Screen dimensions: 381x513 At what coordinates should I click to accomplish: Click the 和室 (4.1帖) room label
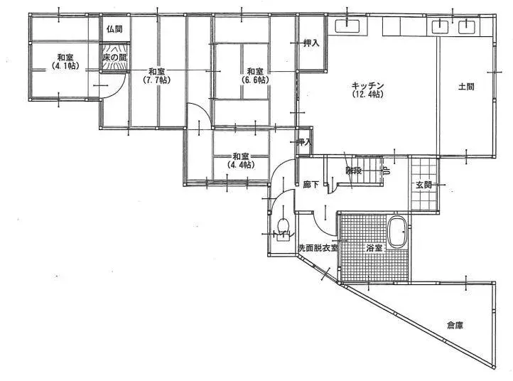65,62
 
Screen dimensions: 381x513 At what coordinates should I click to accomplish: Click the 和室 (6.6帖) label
256,75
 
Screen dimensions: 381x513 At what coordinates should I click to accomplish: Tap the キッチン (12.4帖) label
367,90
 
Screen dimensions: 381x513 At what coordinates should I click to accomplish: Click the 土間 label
466,87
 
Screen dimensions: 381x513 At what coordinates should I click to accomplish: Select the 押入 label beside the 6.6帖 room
310,43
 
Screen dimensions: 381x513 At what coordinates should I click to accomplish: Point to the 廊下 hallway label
310,184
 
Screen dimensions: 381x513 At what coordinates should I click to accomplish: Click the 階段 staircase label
353,171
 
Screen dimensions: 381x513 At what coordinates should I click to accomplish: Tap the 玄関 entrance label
424,185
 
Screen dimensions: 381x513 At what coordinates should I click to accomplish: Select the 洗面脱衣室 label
318,249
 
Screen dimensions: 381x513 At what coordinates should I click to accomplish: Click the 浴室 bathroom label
374,249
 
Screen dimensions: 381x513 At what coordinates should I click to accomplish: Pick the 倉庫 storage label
455,326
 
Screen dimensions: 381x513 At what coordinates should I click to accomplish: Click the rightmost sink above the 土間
466,27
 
